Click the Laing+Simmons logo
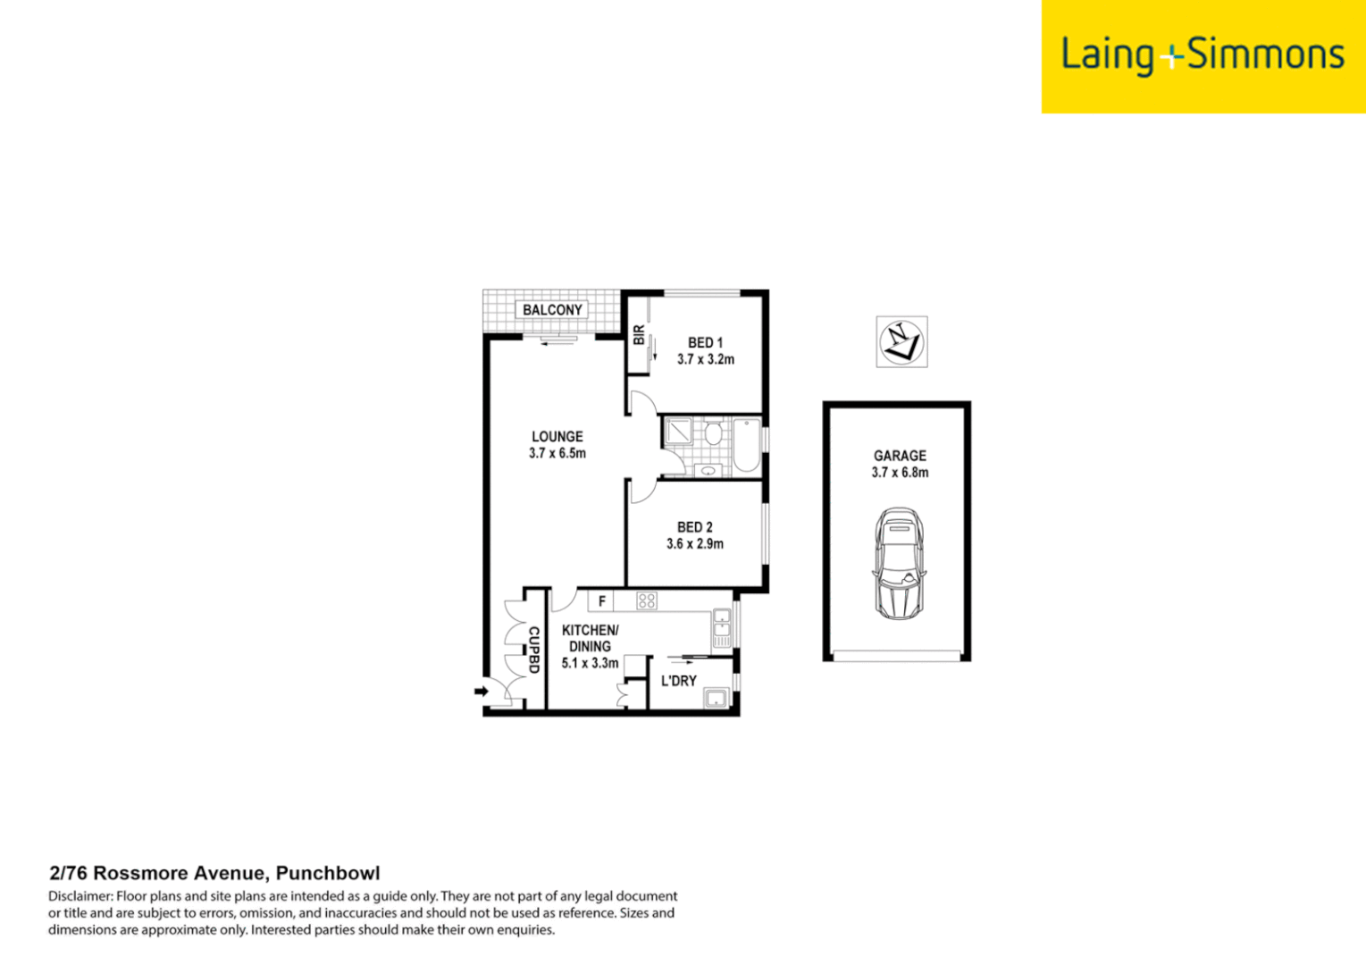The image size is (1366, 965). point(1203,55)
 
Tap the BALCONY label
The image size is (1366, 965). point(552,310)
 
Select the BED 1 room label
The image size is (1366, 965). point(705,343)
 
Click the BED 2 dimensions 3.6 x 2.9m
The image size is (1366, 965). point(694,544)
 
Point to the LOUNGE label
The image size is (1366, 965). point(557,437)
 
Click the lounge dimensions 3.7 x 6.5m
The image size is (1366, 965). point(557,454)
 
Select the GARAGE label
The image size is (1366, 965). point(900,456)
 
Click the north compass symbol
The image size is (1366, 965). point(901,341)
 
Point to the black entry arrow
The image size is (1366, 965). point(481,691)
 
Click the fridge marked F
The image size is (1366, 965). point(601,601)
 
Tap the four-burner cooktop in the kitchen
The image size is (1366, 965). point(647,601)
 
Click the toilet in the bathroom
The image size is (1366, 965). point(713,435)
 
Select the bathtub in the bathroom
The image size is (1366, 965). point(746,445)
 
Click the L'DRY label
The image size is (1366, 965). point(678,681)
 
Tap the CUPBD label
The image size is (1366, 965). point(533,650)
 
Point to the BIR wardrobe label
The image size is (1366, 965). point(639,335)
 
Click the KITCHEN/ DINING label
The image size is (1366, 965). point(590,638)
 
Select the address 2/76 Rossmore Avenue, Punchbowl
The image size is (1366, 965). point(214,874)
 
